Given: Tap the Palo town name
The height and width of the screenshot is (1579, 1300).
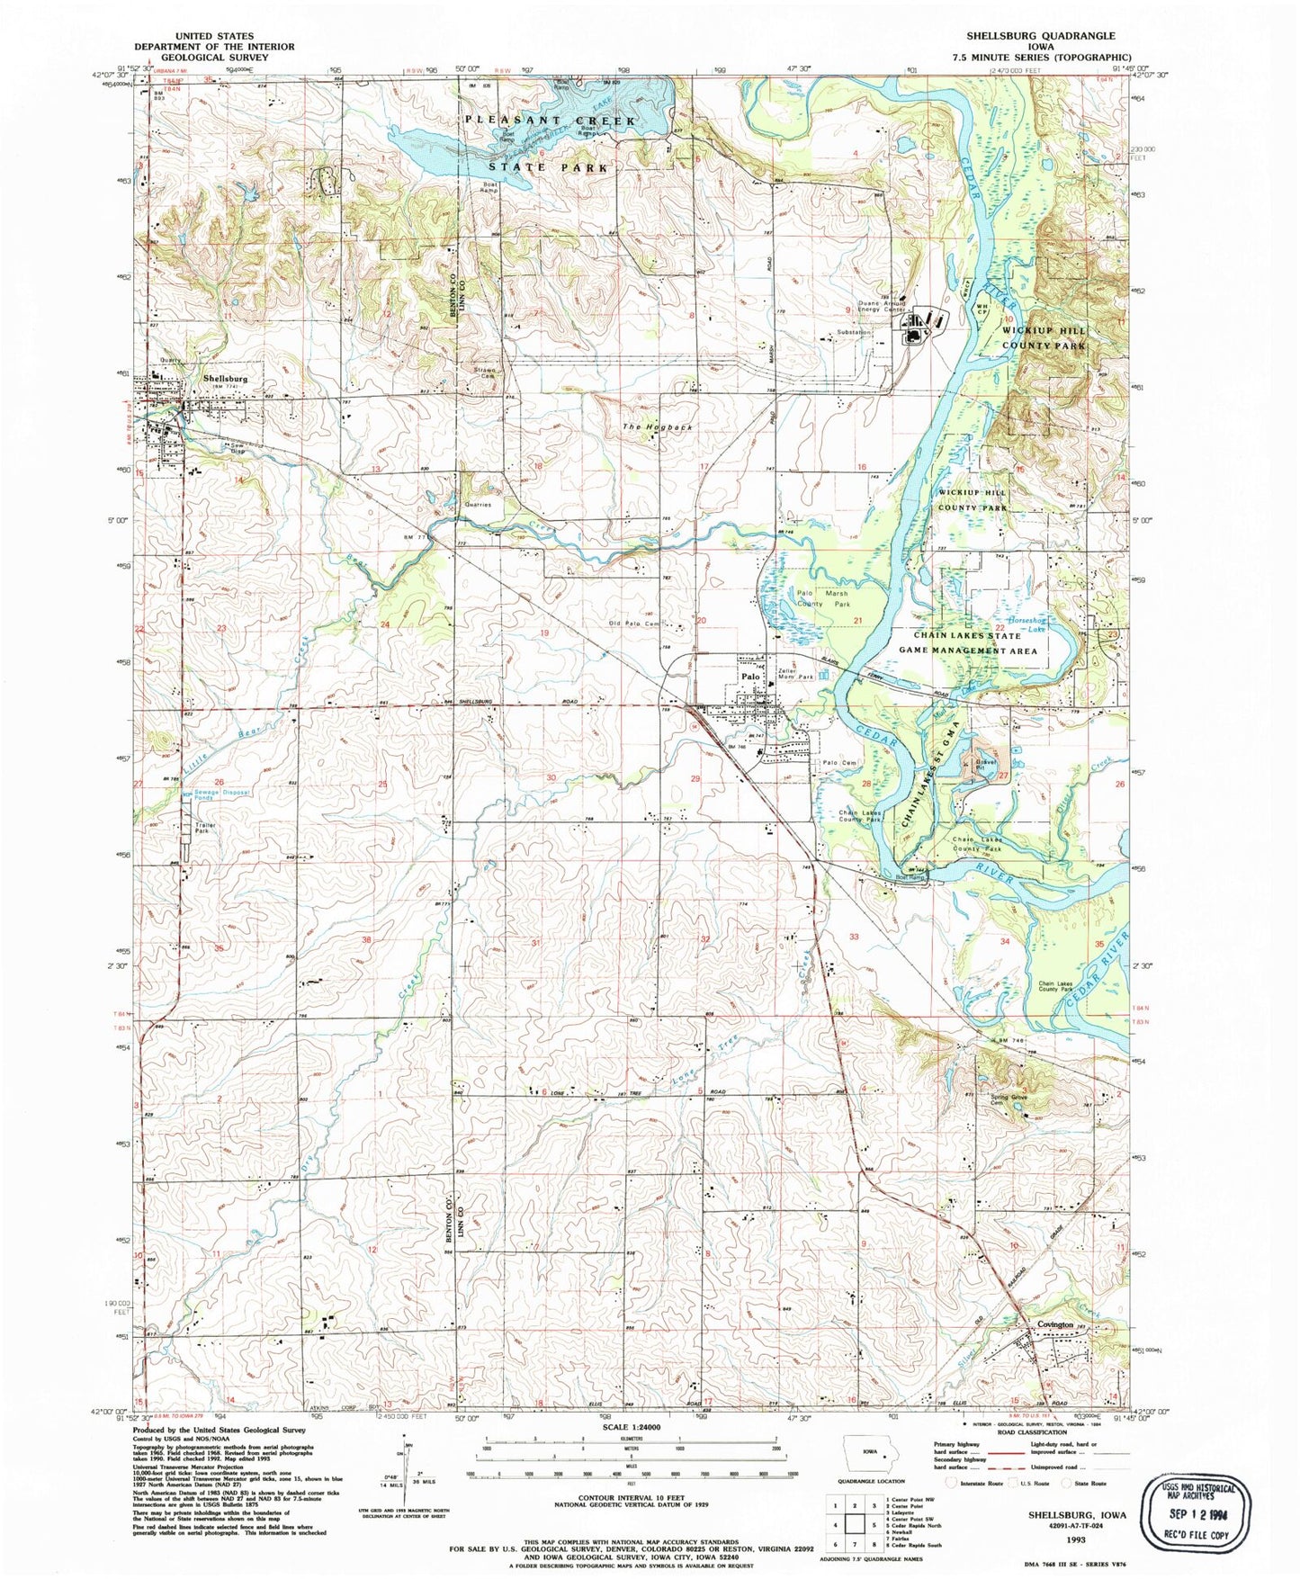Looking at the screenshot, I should tap(750, 676).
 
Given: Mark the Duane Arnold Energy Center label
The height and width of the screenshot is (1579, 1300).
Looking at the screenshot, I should tap(870, 307).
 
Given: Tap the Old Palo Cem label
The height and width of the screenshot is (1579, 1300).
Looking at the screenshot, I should tap(635, 624).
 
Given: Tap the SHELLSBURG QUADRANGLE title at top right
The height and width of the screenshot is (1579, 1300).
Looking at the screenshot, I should tap(1038, 35).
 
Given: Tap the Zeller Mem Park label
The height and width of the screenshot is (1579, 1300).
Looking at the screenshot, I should tap(795, 673).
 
